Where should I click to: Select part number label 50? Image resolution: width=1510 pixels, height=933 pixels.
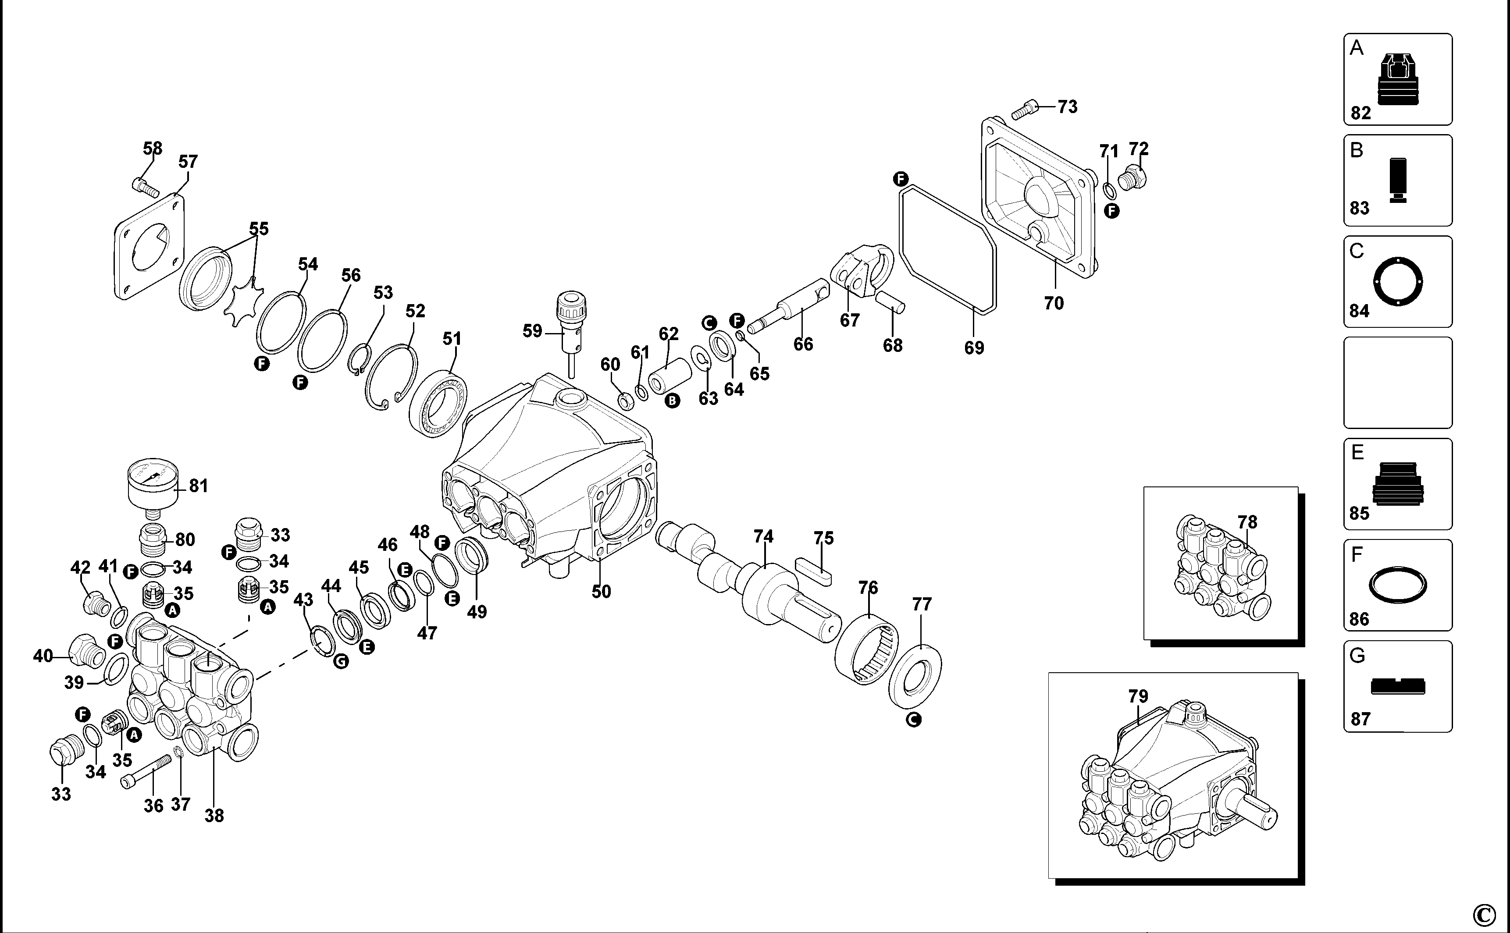[601, 591]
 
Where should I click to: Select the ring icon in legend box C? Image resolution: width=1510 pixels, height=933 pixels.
[1398, 282]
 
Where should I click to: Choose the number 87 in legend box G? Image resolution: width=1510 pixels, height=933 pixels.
[1360, 719]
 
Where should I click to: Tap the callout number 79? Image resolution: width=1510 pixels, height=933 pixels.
[1138, 696]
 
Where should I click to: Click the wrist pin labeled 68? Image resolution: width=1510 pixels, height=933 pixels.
[890, 302]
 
